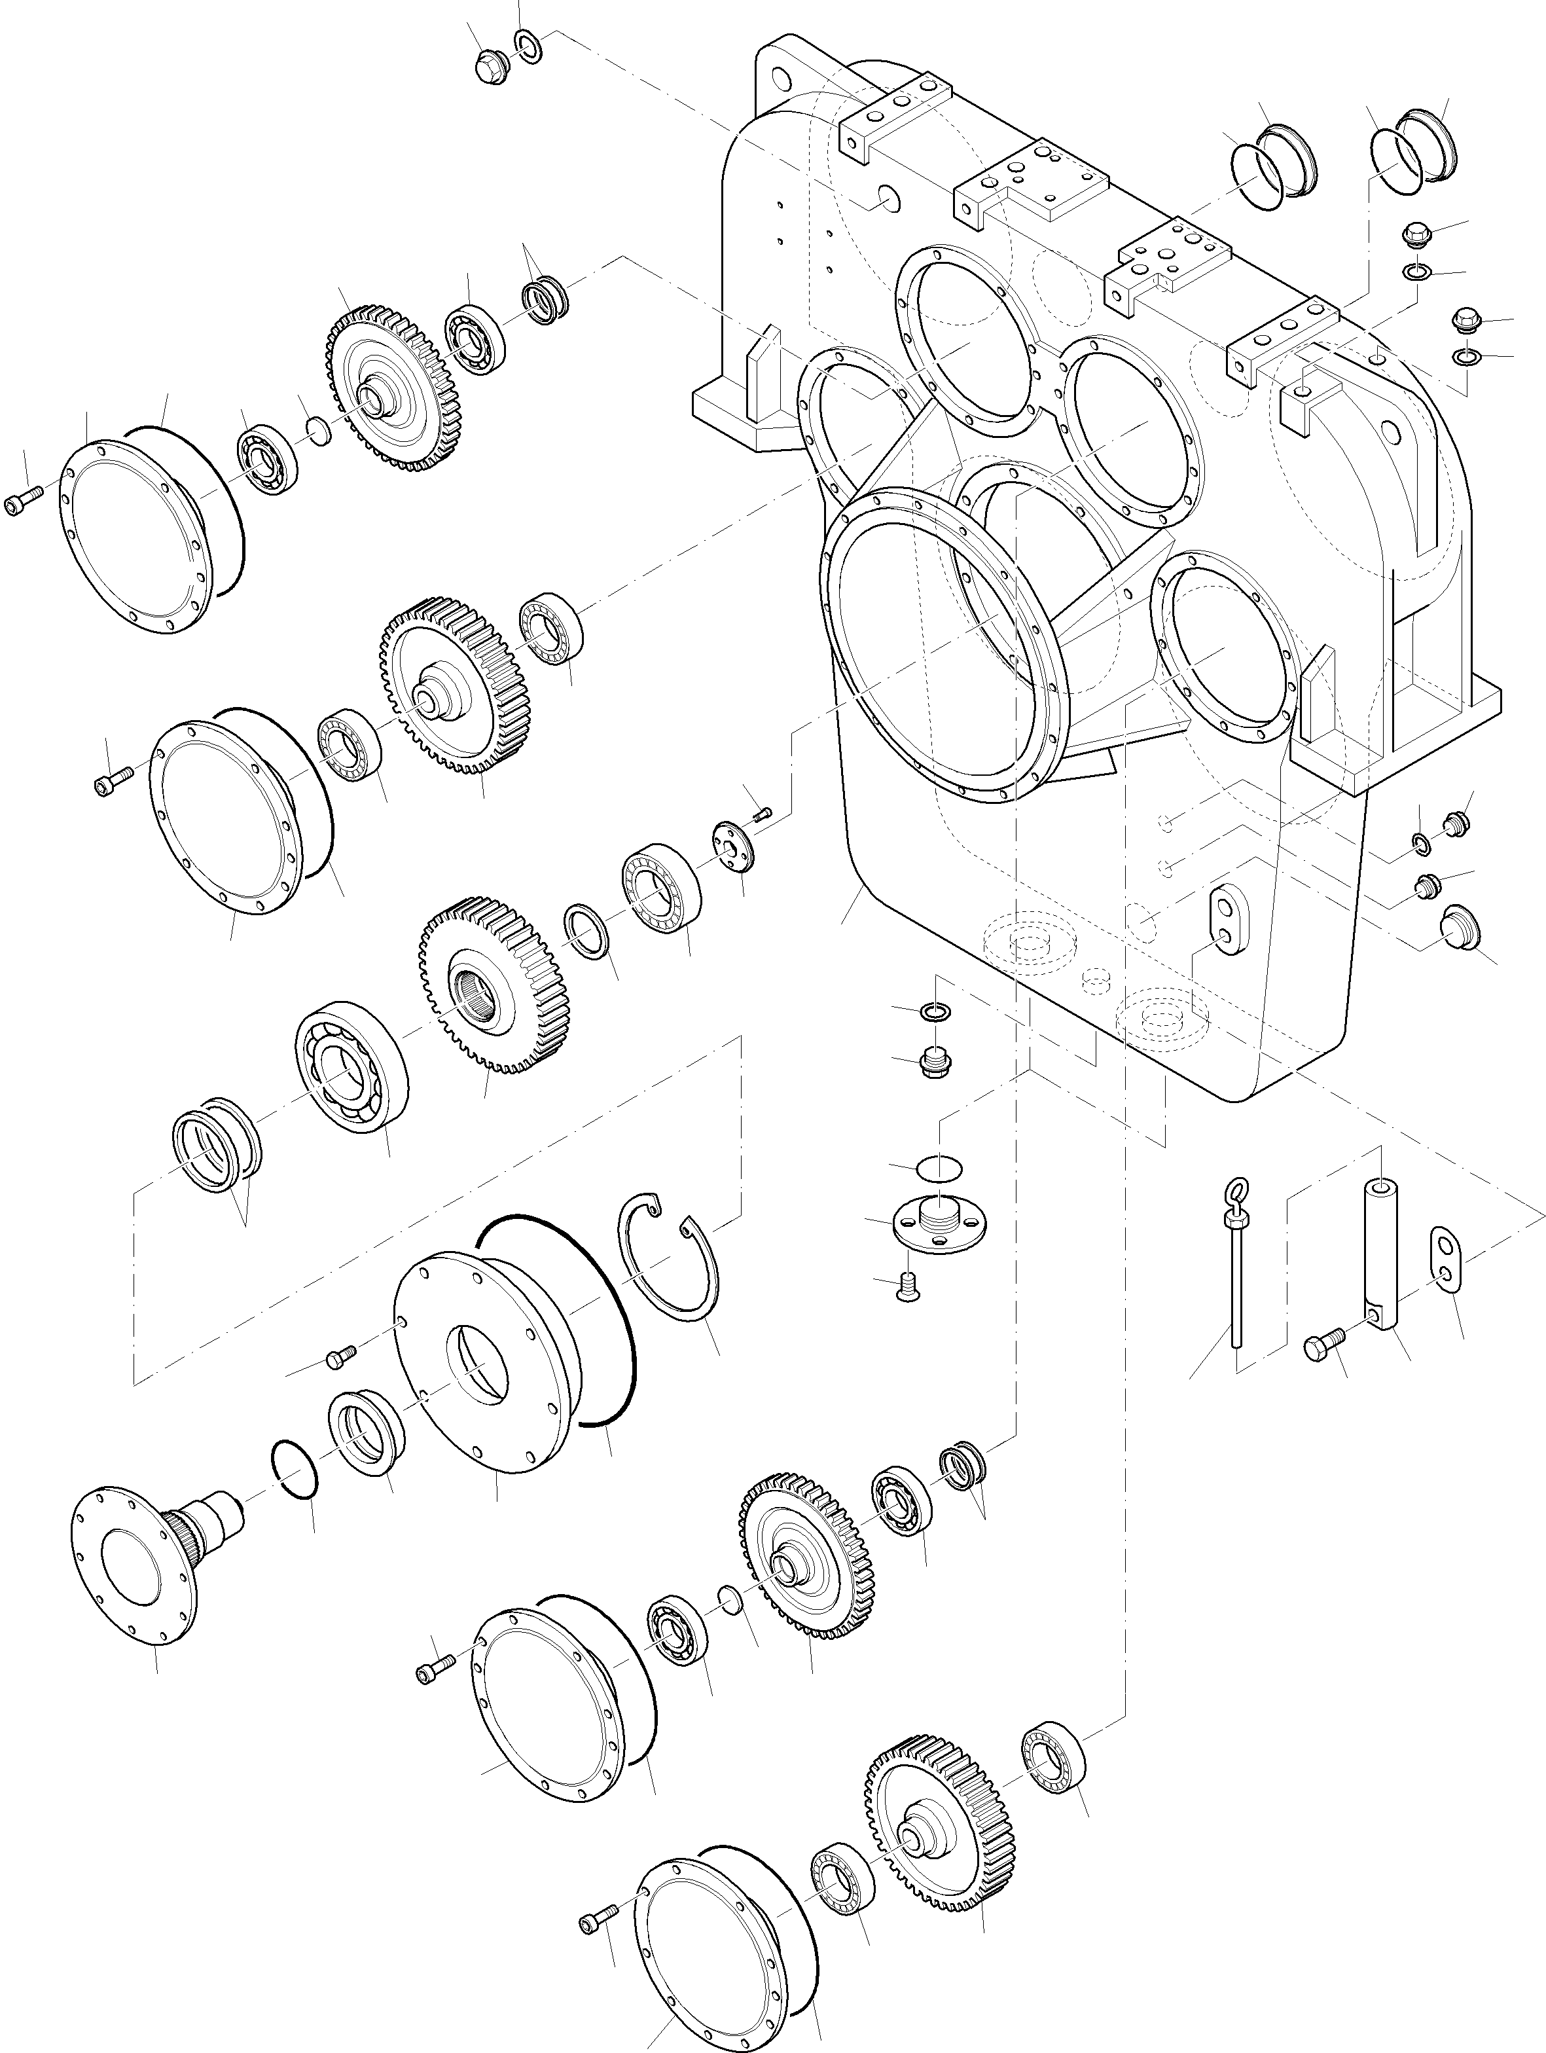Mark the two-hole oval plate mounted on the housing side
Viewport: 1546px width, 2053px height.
click(1224, 918)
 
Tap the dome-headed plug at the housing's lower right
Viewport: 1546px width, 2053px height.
click(1455, 930)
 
